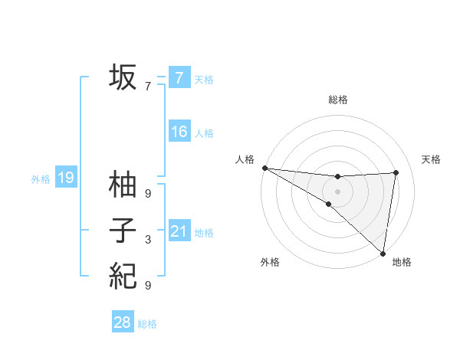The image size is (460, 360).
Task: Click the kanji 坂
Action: (x=123, y=78)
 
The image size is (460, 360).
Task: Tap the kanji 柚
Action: (x=123, y=185)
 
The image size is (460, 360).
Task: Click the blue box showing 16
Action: (x=179, y=132)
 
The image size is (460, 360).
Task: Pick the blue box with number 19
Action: (x=65, y=178)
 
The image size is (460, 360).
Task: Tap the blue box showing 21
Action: (x=179, y=231)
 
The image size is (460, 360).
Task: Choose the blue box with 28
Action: (x=123, y=322)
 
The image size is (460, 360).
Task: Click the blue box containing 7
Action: (x=179, y=78)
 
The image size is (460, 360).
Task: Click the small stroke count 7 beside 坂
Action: (x=148, y=87)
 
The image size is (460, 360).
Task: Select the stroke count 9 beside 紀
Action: (x=148, y=286)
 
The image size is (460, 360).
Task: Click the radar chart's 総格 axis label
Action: (x=338, y=100)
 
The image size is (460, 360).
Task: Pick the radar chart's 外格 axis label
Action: (x=270, y=262)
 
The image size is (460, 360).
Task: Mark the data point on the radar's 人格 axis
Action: (x=264, y=168)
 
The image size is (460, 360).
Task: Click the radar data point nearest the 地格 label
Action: (x=383, y=253)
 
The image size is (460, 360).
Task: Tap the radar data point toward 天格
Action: (x=396, y=172)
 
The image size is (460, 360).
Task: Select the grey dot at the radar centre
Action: (x=337, y=191)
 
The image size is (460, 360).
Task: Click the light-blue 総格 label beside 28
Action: (x=147, y=324)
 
